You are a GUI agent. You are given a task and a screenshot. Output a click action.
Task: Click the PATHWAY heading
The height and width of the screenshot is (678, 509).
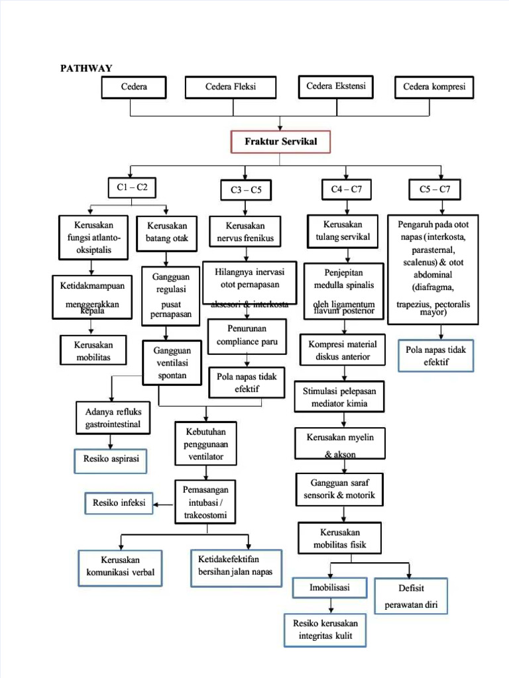(x=86, y=68)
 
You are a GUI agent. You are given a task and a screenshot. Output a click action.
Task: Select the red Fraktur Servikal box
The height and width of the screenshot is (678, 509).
(x=280, y=142)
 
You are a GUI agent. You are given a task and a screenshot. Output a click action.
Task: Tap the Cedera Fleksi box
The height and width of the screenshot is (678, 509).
(x=230, y=87)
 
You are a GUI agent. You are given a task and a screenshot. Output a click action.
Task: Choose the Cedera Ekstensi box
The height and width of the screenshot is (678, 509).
(x=335, y=87)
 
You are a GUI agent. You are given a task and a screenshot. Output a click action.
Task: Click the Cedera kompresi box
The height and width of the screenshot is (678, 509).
(x=434, y=87)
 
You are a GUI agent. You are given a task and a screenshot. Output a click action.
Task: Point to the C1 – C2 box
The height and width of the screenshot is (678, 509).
(x=132, y=188)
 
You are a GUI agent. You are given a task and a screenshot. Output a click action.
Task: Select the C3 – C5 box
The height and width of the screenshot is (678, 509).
(x=246, y=191)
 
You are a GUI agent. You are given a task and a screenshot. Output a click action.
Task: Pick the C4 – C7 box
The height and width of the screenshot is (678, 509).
(x=346, y=190)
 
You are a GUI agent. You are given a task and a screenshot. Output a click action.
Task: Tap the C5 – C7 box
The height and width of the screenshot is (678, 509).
(x=434, y=190)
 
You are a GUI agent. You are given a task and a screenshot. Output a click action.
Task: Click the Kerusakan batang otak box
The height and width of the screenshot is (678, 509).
(x=167, y=232)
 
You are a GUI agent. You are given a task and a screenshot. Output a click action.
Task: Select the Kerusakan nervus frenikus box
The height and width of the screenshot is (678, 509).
(x=245, y=232)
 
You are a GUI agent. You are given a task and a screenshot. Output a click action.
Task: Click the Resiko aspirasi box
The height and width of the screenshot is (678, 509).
(x=111, y=459)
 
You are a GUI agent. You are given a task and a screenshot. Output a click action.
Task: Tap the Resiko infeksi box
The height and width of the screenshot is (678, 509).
(x=119, y=503)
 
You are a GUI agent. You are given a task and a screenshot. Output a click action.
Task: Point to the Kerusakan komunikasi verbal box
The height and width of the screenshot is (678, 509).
(x=120, y=566)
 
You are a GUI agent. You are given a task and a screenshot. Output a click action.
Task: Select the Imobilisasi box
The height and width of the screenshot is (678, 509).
(x=329, y=588)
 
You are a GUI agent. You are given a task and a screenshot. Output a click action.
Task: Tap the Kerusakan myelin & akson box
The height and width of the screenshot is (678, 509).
(x=340, y=444)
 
